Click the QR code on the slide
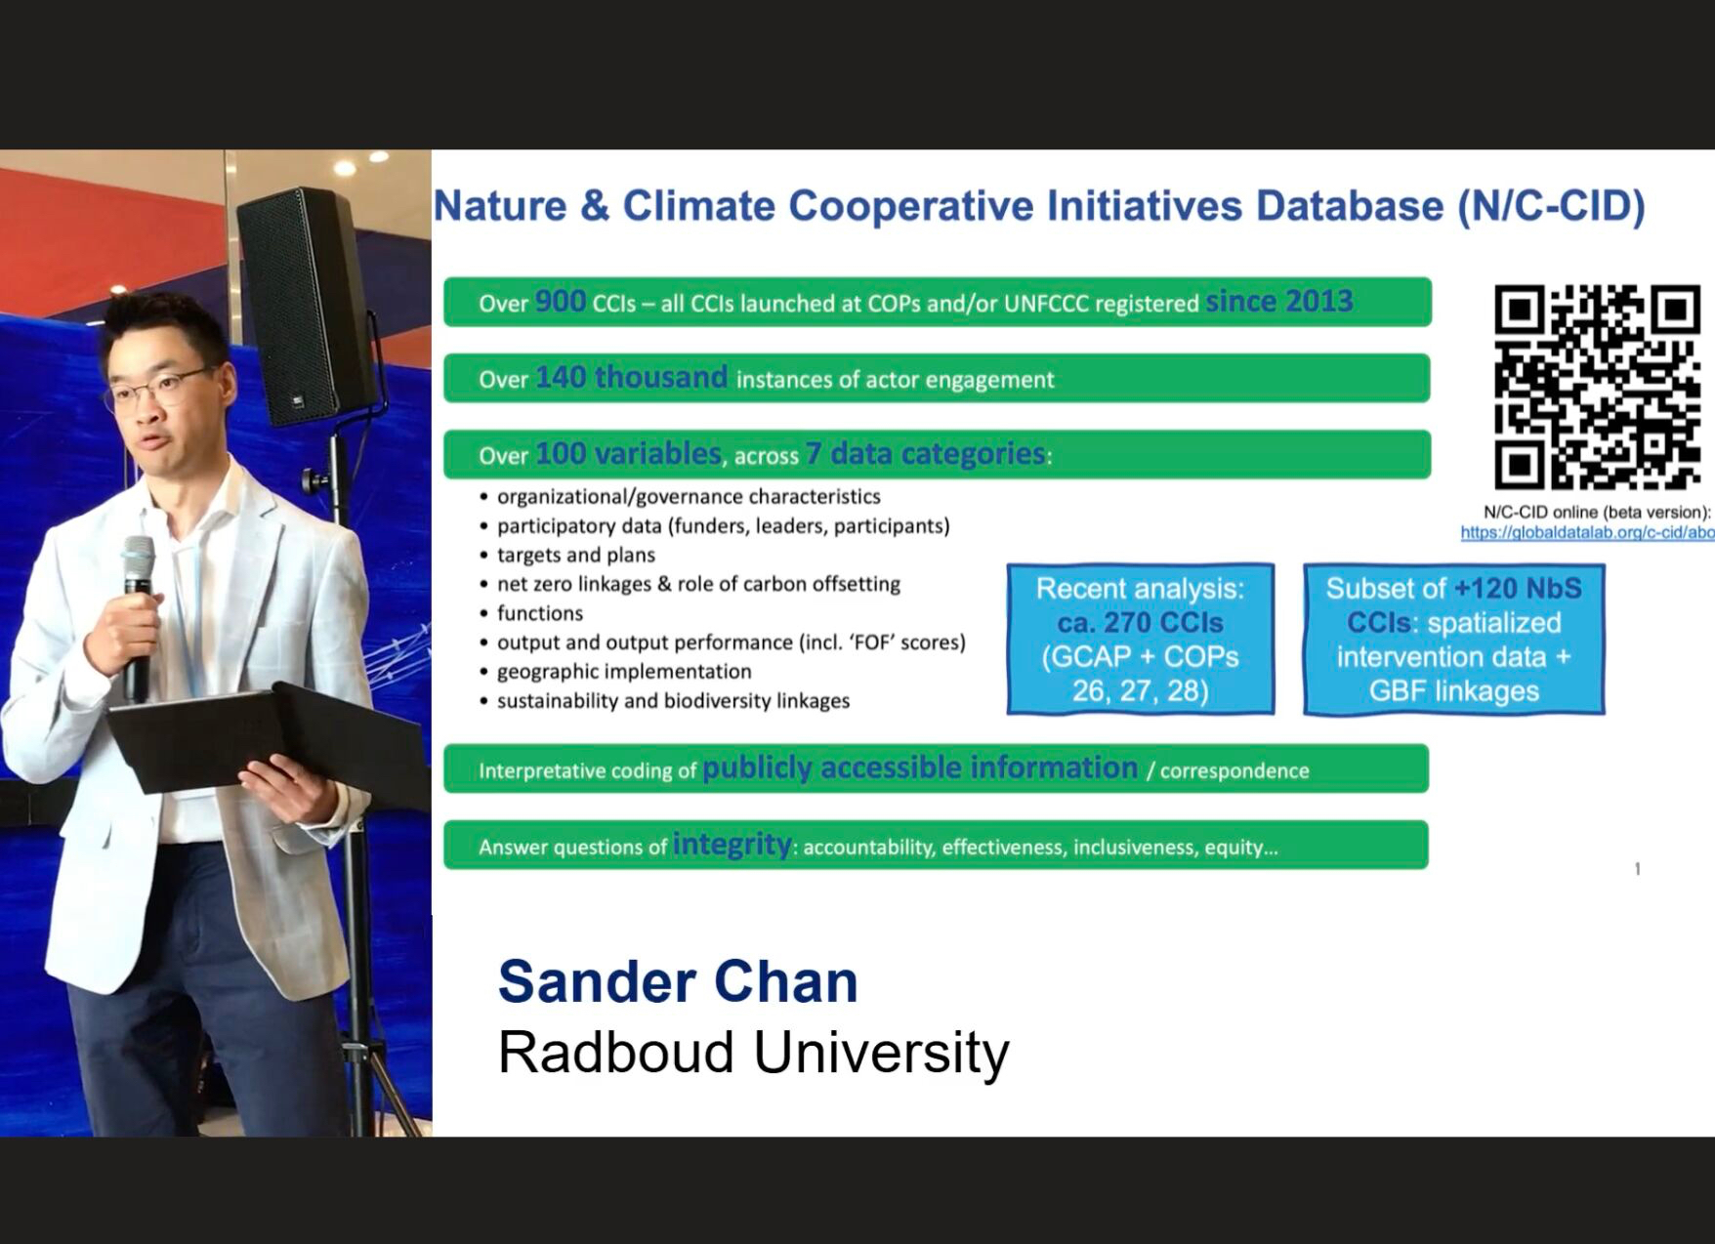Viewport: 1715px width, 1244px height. coord(1598,387)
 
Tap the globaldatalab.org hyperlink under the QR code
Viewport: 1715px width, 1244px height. coord(1587,532)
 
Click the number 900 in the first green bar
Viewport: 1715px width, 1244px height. coord(561,301)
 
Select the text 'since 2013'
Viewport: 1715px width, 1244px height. coord(1279,301)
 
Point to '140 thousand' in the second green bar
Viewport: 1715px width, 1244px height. coord(631,377)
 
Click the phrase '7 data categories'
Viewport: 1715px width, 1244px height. coord(925,453)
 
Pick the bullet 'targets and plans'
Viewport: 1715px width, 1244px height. coord(576,555)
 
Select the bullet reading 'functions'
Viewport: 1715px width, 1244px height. coord(540,613)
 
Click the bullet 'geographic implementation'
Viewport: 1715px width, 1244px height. coord(624,672)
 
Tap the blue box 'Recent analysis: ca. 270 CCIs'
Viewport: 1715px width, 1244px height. coord(1141,640)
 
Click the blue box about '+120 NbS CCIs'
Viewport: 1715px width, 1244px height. coord(1454,640)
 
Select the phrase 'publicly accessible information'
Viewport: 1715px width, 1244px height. coord(920,767)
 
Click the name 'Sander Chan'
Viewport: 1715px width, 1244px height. coord(678,981)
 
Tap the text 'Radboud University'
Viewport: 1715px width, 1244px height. coord(753,1053)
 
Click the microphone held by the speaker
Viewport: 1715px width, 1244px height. coord(138,614)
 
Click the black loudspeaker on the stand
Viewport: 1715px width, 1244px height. coord(306,305)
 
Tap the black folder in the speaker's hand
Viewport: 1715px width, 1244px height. coord(269,732)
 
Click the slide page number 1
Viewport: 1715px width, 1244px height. coord(1638,868)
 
